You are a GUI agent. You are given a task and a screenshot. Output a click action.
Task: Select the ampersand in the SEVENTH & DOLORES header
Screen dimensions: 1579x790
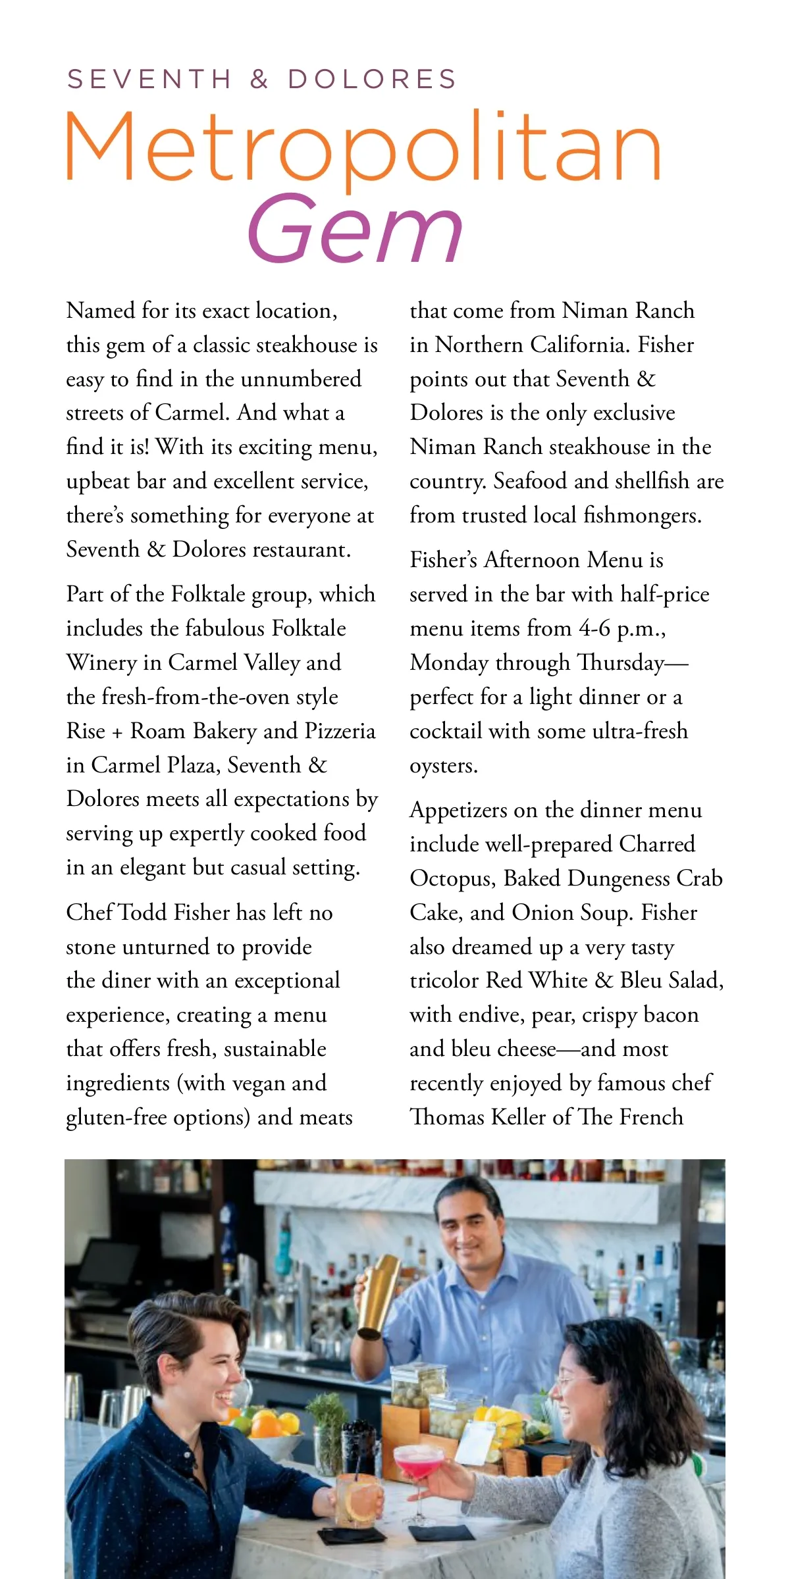pyautogui.click(x=259, y=80)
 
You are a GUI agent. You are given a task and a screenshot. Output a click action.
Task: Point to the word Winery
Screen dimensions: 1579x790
pyautogui.click(x=101, y=663)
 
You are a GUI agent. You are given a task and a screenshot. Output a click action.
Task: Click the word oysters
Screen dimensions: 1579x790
pyautogui.click(x=442, y=766)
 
